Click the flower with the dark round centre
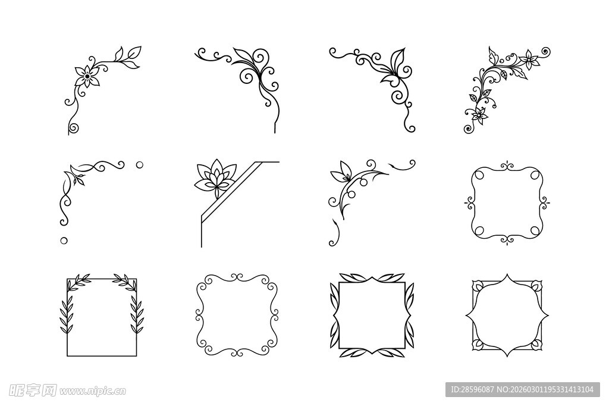(x=87, y=76)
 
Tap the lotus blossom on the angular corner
(x=215, y=178)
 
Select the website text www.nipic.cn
(x=92, y=391)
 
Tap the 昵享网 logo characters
(x=33, y=390)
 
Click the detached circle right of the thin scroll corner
(x=139, y=165)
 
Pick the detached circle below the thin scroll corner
(x=64, y=241)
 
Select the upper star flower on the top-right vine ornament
(x=529, y=60)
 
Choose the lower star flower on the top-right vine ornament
(x=479, y=115)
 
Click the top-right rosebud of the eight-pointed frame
(x=536, y=286)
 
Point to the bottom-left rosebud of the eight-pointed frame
(x=478, y=343)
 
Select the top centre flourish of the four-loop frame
(x=507, y=167)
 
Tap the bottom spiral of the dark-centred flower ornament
(x=73, y=128)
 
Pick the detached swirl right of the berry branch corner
(x=404, y=164)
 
